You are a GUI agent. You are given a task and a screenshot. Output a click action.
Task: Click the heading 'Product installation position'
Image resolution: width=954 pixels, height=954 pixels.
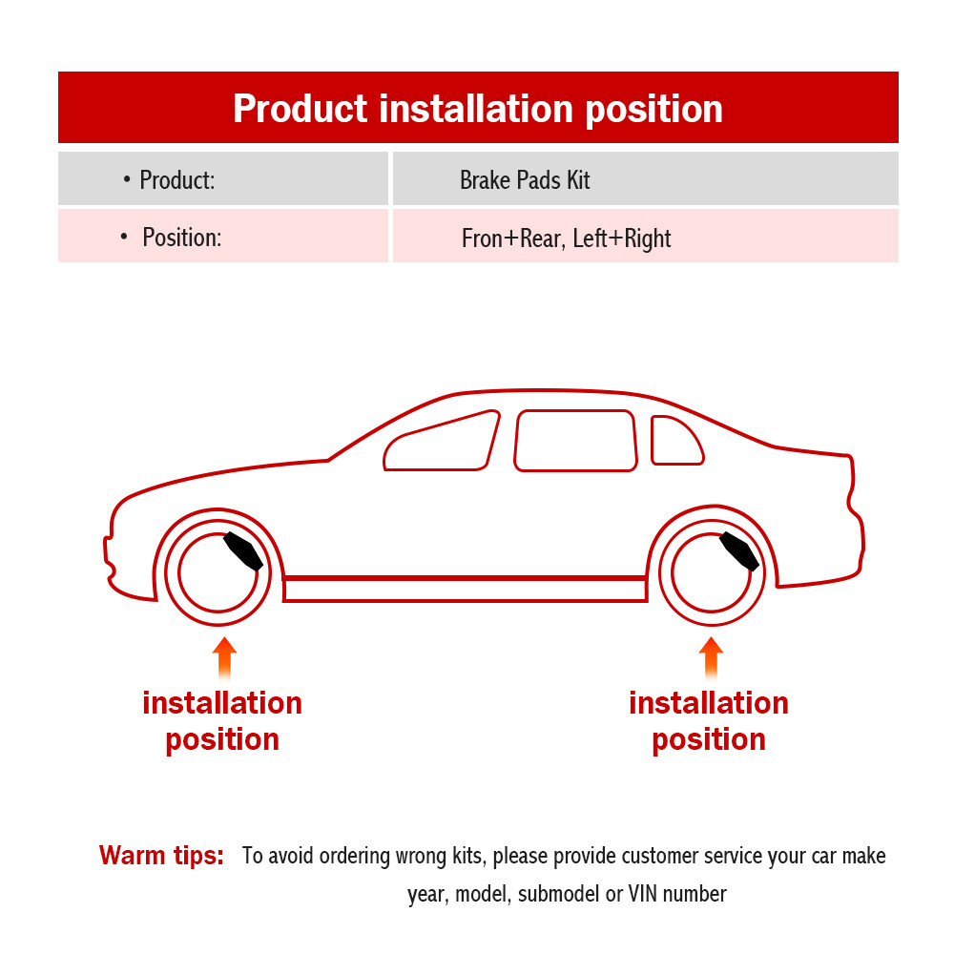(477, 108)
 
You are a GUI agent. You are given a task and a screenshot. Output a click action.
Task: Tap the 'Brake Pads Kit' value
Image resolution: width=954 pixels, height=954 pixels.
(525, 179)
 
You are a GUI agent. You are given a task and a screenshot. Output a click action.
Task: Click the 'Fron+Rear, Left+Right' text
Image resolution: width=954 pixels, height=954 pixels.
(566, 238)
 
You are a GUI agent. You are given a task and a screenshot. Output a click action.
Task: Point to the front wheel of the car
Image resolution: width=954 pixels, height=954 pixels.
(218, 573)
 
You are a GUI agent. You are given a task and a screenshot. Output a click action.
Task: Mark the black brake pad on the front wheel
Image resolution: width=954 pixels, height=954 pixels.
(242, 551)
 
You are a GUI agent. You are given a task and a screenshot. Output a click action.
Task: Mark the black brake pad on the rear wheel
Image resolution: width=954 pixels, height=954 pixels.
(739, 551)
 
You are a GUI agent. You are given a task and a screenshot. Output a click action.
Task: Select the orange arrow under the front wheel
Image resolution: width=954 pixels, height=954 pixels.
(224, 657)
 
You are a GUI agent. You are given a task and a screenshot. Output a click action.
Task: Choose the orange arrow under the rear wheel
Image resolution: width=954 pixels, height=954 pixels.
(711, 657)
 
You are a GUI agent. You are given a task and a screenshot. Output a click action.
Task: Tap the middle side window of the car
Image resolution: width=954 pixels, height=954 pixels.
(575, 440)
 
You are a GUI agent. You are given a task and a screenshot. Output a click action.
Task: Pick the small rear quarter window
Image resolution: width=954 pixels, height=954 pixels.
(674, 441)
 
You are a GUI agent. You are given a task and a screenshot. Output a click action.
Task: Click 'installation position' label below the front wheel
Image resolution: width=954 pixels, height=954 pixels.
(222, 721)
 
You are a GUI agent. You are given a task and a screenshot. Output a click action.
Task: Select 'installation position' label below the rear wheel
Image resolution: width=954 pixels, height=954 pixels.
(709, 721)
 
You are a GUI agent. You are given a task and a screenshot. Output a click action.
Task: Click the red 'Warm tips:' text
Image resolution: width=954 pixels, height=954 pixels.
(161, 855)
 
